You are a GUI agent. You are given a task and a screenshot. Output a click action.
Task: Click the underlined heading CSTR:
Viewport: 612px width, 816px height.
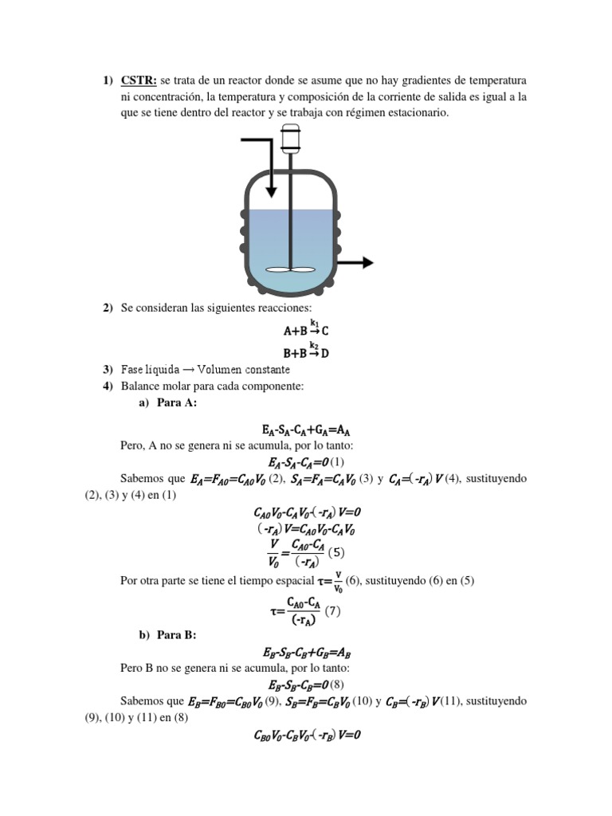pyautogui.click(x=139, y=80)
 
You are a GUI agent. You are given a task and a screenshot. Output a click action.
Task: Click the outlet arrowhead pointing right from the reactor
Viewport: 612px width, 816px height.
pyautogui.click(x=367, y=262)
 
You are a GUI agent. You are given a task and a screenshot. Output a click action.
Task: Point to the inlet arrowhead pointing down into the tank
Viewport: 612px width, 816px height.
pyautogui.click(x=271, y=190)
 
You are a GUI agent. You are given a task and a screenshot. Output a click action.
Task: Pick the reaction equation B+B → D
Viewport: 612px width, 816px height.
pyautogui.click(x=306, y=351)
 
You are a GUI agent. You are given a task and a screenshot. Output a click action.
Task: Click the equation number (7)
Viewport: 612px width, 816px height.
pyautogui.click(x=333, y=613)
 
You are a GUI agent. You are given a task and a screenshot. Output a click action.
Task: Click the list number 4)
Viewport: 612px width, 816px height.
pyautogui.click(x=108, y=386)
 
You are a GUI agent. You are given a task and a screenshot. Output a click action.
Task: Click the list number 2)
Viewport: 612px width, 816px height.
pyautogui.click(x=108, y=308)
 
